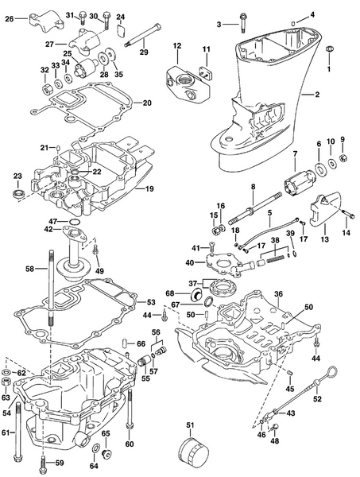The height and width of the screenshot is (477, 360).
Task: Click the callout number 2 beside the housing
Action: coord(316,95)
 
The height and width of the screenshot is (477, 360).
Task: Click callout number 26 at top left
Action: coord(10,18)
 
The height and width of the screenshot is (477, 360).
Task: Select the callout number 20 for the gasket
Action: coord(146,103)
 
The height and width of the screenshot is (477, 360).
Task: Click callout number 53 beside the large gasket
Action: coord(152,302)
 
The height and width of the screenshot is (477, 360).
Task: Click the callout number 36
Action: coord(278,293)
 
